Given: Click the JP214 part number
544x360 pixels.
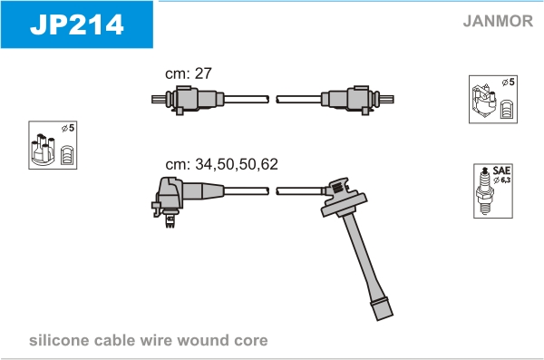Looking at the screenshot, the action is coord(77,24).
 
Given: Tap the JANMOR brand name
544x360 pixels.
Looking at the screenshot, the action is coord(498,21).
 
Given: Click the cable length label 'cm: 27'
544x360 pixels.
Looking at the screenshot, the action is coord(189,73).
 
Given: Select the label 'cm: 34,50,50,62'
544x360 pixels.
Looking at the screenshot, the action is coord(222,164).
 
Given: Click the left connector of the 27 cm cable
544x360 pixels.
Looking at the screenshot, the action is coord(188,100).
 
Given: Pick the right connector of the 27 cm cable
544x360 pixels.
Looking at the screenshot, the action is coord(357,100).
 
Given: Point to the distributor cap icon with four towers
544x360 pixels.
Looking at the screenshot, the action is coord(43,150).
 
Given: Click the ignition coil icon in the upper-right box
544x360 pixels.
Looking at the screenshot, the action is coord(483,101).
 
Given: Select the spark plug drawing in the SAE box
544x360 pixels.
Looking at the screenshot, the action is coord(484,190).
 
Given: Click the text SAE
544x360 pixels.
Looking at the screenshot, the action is coord(501,170).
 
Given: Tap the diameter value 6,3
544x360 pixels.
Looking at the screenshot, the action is coord(506,180).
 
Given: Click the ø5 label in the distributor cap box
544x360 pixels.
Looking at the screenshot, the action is coord(68,128).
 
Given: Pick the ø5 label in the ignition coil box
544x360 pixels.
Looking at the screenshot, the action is coord(509,83).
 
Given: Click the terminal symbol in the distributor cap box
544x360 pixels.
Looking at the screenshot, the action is coord(66,155).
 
